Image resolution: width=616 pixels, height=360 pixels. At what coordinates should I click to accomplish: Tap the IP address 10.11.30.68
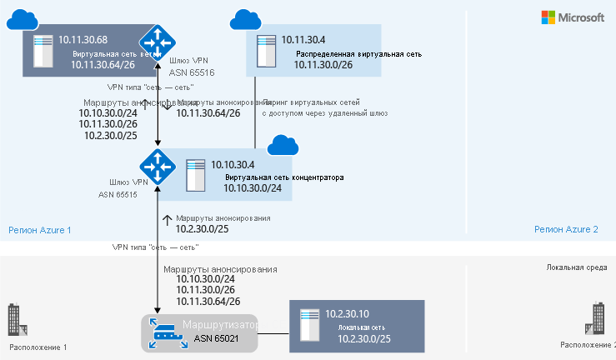click(83, 39)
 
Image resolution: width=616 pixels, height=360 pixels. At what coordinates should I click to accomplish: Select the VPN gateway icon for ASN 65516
click(156, 41)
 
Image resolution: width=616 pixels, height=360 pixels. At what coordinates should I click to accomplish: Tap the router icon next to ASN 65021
click(163, 332)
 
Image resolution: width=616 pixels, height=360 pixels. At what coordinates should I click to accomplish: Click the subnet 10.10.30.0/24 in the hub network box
click(253, 188)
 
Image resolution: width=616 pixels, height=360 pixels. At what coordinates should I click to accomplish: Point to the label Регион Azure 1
click(40, 229)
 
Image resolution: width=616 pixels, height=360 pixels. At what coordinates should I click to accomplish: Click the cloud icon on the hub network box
click(283, 146)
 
